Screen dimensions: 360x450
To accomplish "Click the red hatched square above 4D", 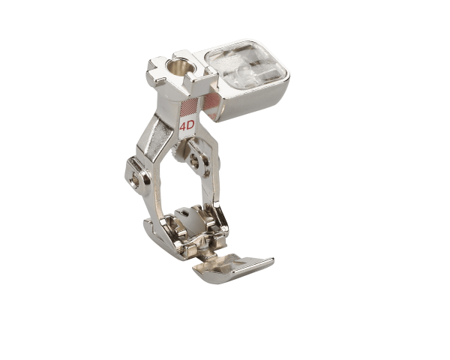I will (x=193, y=106).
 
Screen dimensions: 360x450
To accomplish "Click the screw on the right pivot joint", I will (x=195, y=160).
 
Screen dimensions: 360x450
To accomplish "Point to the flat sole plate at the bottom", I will (x=232, y=268).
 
